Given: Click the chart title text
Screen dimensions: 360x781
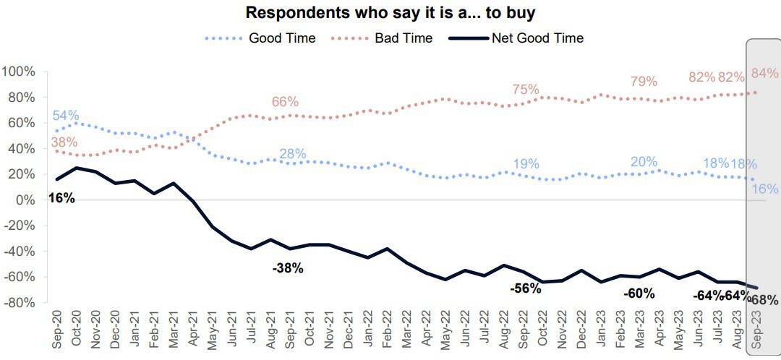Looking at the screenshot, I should (390, 13).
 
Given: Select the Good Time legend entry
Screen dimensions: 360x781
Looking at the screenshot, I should (281, 38).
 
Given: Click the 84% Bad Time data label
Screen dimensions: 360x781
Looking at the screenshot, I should (765, 73).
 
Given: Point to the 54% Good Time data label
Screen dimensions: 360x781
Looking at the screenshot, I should (66, 116).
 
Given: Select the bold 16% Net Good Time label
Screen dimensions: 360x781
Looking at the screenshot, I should (61, 198).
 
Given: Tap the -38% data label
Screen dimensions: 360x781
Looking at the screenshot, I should (288, 268).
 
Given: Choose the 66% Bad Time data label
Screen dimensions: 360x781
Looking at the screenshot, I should (285, 102).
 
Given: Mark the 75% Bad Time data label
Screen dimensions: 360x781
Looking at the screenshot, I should (526, 89).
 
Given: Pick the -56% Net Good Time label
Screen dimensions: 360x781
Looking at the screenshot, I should (526, 288).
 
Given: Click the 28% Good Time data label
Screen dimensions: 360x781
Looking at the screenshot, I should (292, 154).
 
